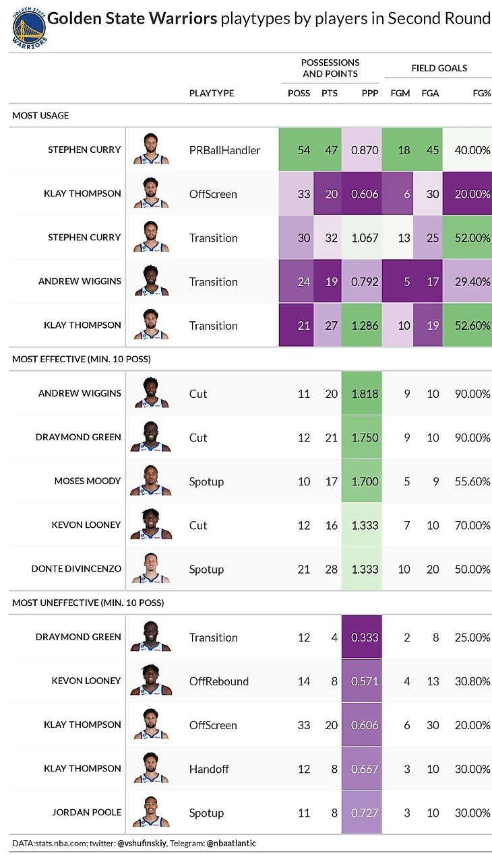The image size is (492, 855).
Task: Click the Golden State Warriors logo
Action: [x=28, y=27]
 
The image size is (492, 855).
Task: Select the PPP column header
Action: [x=370, y=93]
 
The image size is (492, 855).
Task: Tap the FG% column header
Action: [x=481, y=93]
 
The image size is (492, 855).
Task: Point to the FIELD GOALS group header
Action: [x=439, y=68]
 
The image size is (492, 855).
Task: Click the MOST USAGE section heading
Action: [x=40, y=116]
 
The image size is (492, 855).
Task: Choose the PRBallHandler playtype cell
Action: [x=224, y=150]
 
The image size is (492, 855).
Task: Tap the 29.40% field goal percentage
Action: [x=472, y=281]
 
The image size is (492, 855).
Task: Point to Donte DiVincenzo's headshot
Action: [x=151, y=569]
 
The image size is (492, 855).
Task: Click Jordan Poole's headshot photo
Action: [x=151, y=812]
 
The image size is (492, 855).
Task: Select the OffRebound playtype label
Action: [x=219, y=681]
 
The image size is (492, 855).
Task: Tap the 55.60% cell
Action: [x=472, y=481]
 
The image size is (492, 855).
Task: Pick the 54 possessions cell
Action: [x=304, y=149]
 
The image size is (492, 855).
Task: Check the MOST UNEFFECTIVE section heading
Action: [x=88, y=603]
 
